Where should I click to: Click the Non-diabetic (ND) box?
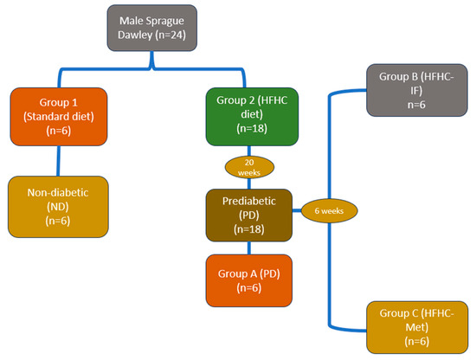pyautogui.click(x=58, y=205)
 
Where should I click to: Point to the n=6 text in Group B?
pyautogui.click(x=411, y=105)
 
